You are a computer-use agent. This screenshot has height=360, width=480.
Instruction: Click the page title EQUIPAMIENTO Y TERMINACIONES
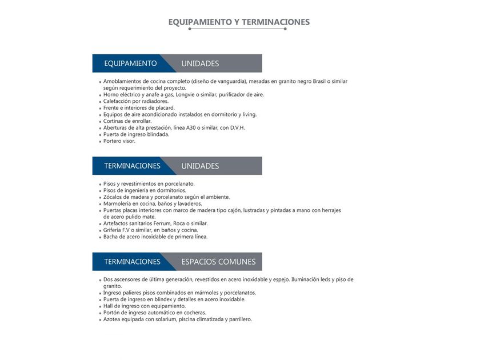point(239,22)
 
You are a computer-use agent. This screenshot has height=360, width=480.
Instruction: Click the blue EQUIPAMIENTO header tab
point(130,63)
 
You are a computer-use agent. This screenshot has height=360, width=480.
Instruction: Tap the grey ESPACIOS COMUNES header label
point(218,262)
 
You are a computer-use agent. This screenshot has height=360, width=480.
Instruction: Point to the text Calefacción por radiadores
point(136,101)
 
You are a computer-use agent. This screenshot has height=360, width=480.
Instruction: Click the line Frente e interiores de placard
point(139,108)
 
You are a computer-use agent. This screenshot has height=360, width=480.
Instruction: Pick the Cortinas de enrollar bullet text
point(127,121)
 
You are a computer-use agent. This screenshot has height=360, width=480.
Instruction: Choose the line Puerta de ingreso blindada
point(136,135)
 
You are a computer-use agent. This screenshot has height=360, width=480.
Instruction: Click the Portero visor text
point(119,141)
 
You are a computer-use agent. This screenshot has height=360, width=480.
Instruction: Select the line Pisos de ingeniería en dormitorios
point(145,190)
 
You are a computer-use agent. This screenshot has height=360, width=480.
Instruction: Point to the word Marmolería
point(118,203)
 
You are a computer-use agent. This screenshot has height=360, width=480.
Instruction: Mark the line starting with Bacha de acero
point(155,237)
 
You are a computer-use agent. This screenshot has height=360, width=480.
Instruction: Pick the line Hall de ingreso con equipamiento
point(145,306)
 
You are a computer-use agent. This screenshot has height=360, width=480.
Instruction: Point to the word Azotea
point(113,319)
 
